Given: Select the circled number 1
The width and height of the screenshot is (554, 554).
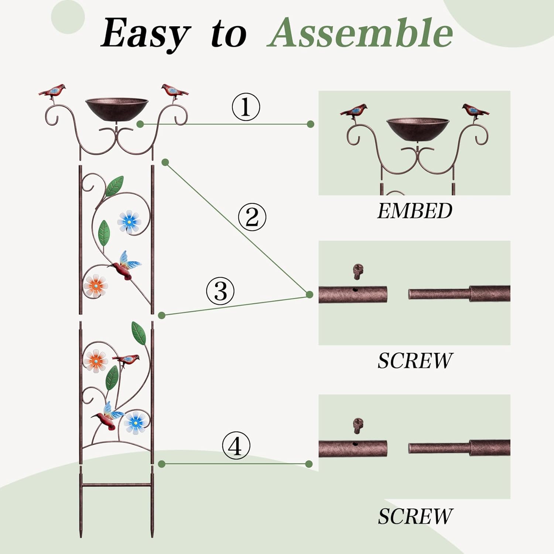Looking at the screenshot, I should pos(246,107).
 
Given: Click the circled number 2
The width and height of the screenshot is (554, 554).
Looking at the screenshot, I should pos(252,217).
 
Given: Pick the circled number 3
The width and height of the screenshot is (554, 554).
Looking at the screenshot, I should pos(220,291).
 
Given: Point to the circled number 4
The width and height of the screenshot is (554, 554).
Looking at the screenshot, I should pos(236,445).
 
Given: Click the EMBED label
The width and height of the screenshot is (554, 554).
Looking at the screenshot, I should pos(414,211).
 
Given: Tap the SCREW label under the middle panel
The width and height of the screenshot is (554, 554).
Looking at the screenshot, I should pos(414,361).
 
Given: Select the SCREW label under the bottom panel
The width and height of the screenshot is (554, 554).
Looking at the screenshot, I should pos(414,516).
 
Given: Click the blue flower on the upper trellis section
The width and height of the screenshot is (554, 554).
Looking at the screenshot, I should pos(129,221).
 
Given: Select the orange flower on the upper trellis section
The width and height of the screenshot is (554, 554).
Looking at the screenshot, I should pos(96,285).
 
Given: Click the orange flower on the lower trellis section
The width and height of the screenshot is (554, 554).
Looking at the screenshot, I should pos(96,360).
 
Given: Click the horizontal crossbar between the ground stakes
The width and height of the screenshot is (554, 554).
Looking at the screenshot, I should pos(116,485).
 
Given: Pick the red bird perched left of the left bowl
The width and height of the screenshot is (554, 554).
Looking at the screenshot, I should pos(53,91).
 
